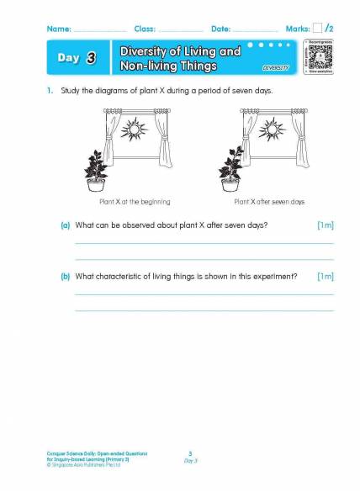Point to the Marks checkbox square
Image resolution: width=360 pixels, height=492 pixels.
coord(318,29)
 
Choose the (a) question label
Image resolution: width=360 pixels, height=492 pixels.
coord(65,226)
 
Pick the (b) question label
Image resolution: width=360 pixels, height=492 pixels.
coord(65,277)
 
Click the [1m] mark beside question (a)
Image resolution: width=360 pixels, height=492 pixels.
coord(325,226)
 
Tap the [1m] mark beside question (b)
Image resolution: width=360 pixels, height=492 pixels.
coord(325,277)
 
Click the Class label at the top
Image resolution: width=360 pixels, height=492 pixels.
coord(145,29)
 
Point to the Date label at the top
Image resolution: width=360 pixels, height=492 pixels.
coord(220,29)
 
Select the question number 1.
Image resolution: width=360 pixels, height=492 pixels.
coord(50,91)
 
